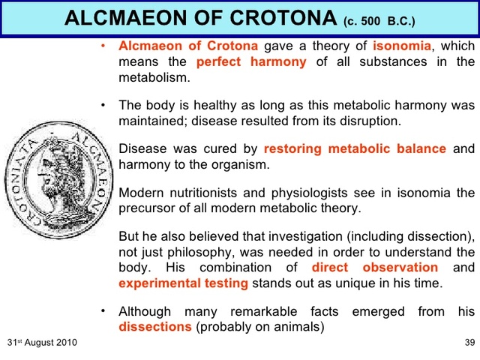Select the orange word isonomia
403,46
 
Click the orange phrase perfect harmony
251,62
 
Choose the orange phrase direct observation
375,268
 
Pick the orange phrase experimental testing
184,283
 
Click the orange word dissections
155,327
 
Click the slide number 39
469,343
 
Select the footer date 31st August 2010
42,343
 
